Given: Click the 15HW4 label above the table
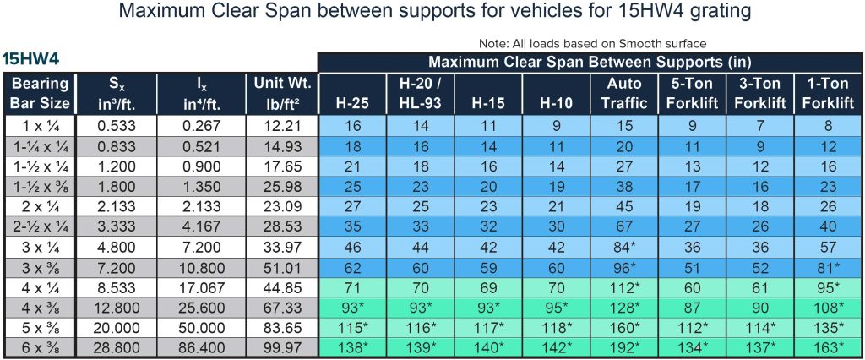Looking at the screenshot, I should pos(30,59).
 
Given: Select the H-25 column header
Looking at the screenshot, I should pos(351,103).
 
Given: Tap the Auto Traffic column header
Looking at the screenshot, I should pos(624,94).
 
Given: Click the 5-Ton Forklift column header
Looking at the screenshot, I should pos(692,94).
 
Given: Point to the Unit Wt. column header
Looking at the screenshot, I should pos(282,94).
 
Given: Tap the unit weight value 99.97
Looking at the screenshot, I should pos(282,347).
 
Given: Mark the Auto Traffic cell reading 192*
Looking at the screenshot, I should pos(624,347).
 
